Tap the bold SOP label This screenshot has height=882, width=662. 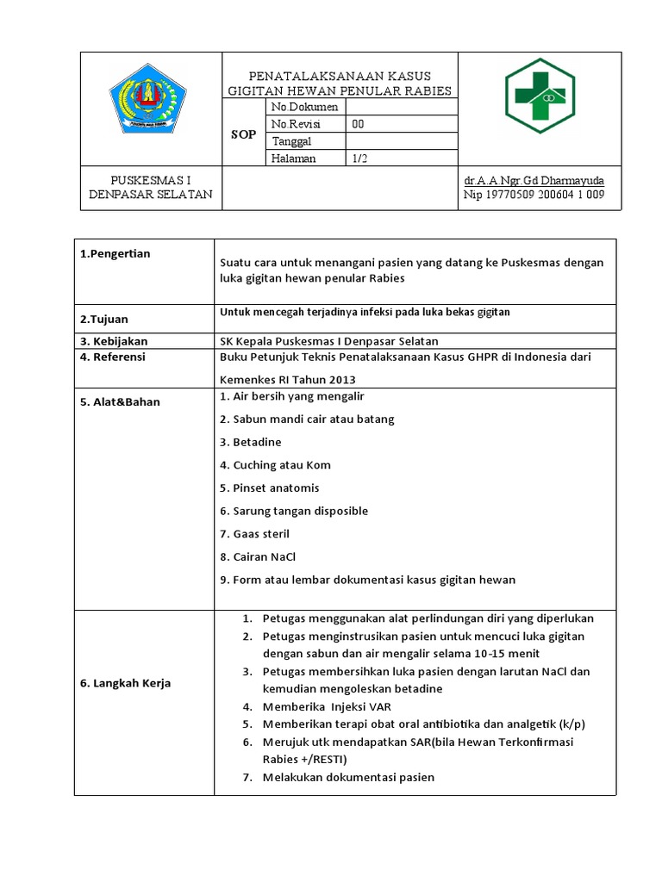coord(245,134)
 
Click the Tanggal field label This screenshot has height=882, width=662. coord(291,141)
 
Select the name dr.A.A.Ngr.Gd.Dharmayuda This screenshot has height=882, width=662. coord(534,181)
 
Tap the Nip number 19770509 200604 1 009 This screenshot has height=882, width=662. coord(534,195)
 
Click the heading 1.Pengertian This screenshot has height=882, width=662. coord(115,253)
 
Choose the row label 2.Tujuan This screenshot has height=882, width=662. coord(103,319)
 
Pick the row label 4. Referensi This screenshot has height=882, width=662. coord(112,357)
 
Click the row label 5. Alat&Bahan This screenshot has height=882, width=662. coord(120,401)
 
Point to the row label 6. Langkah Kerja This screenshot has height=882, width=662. coord(125,683)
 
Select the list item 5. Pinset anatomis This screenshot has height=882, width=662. coord(270,488)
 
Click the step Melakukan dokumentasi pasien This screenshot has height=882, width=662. coord(348,777)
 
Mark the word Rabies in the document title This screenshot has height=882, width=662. coord(428,91)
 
